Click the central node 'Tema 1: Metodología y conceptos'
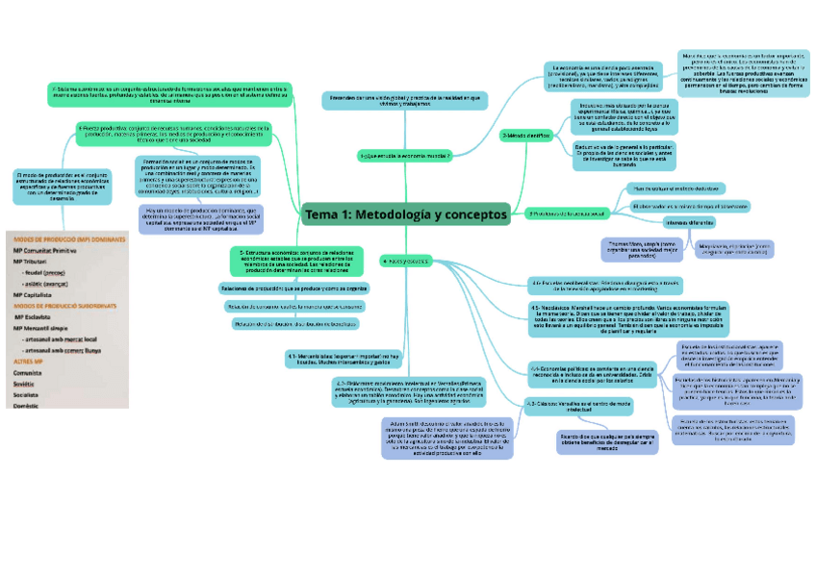coord(405,213)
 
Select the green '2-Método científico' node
coord(525,136)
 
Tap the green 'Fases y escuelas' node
coord(404,260)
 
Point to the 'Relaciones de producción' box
coord(293,288)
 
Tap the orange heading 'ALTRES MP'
coord(28,361)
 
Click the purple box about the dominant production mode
coord(188,219)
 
